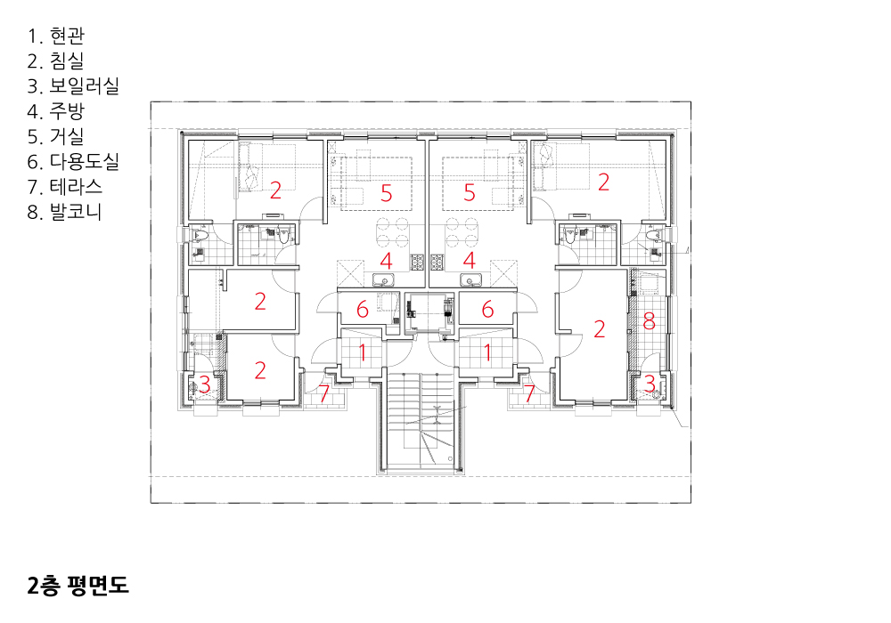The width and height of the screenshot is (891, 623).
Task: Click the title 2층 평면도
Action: (x=78, y=585)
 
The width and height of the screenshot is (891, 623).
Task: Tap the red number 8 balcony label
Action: (x=649, y=321)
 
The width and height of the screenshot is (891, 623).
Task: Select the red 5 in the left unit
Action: (x=387, y=193)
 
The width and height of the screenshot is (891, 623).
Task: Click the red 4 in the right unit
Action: (x=469, y=261)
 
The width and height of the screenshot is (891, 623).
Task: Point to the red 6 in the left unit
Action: (x=363, y=309)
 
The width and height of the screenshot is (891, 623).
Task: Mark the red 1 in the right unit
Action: (x=487, y=352)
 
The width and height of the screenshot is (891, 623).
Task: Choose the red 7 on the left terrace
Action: (x=324, y=393)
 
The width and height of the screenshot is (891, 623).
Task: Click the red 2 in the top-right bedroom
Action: (x=603, y=182)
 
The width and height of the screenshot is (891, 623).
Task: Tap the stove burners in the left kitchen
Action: (x=418, y=262)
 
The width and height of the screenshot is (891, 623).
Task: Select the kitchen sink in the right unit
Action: (x=470, y=279)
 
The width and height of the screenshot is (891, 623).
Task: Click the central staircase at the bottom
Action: (x=421, y=421)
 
